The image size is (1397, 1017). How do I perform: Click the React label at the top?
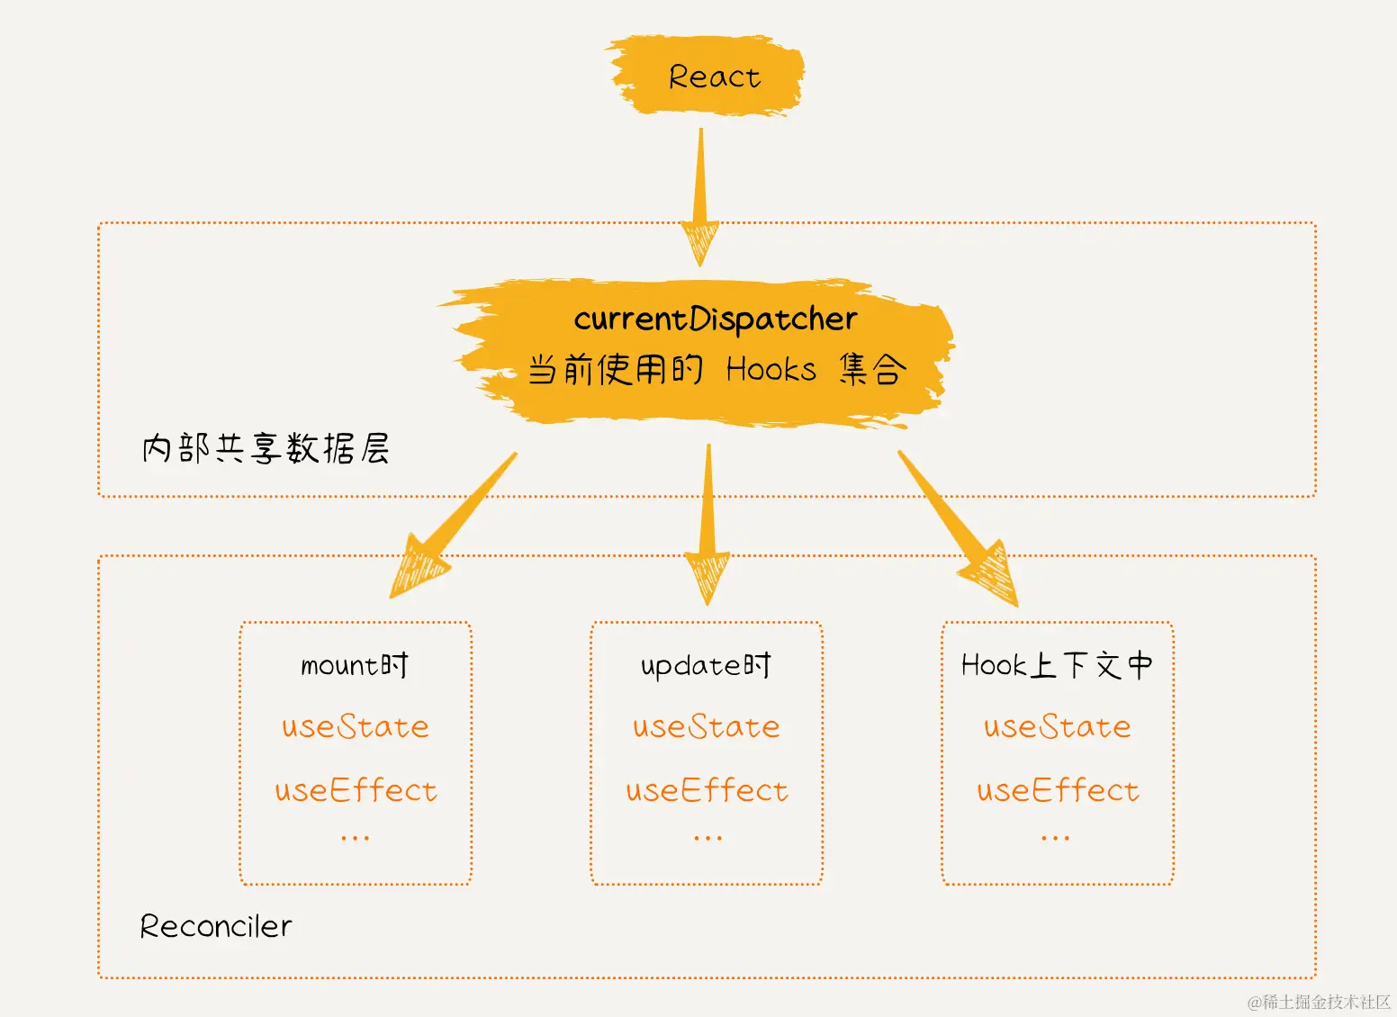coord(714,77)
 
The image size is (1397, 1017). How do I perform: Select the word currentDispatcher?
coord(716,319)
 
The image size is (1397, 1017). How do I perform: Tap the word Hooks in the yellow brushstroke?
coord(771,370)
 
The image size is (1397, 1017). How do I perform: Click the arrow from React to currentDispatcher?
coord(699,198)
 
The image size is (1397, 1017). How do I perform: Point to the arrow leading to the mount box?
coord(455,526)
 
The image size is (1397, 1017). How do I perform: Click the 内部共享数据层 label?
coord(266,448)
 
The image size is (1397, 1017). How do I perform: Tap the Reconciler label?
coord(216,926)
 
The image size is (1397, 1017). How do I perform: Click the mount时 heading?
coord(355,666)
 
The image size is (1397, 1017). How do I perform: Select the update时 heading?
coord(706,666)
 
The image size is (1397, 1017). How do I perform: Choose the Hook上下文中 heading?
coord(1057,666)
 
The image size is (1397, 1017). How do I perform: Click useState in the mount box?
coord(356,727)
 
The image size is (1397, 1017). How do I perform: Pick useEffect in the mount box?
coord(356,791)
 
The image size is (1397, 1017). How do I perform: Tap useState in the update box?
coord(707,727)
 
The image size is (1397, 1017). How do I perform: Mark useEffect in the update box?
coord(707,791)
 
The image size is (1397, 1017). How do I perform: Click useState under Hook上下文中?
coord(1058,727)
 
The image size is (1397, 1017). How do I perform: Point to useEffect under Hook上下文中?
coord(1058,791)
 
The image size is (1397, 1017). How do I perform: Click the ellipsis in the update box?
coord(708,838)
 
